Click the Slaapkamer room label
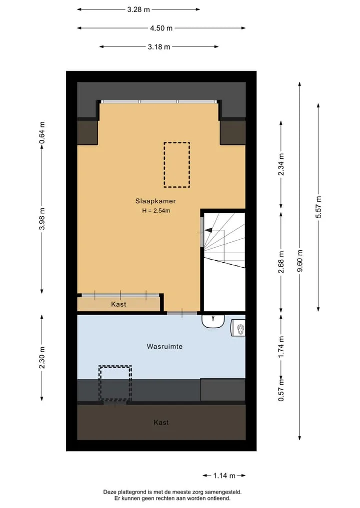coord(155,201)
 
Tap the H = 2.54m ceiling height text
coord(156,211)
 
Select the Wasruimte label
coord(164,346)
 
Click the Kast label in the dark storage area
coord(161,422)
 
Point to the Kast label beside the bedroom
coord(118,304)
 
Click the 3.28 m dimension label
coord(138,9)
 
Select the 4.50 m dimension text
coord(161,28)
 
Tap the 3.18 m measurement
coord(159,46)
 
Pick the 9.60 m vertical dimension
coord(299,261)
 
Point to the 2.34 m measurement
coord(281,164)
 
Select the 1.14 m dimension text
coord(224,476)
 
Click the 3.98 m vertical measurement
coord(42,219)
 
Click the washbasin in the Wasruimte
coord(213,321)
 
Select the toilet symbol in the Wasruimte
coord(238,328)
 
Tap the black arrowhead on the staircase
coord(208,230)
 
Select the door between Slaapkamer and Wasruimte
coord(182,313)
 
